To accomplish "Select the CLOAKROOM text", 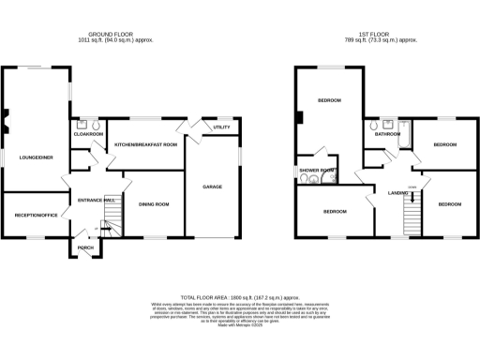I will [89, 134].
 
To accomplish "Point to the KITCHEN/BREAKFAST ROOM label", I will [145, 144].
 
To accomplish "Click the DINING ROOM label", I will [154, 203].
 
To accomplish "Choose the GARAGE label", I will [212, 187].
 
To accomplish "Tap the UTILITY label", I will [221, 127].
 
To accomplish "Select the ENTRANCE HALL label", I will [97, 200].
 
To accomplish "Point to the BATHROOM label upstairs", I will [387, 134].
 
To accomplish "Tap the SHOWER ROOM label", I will [316, 170].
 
